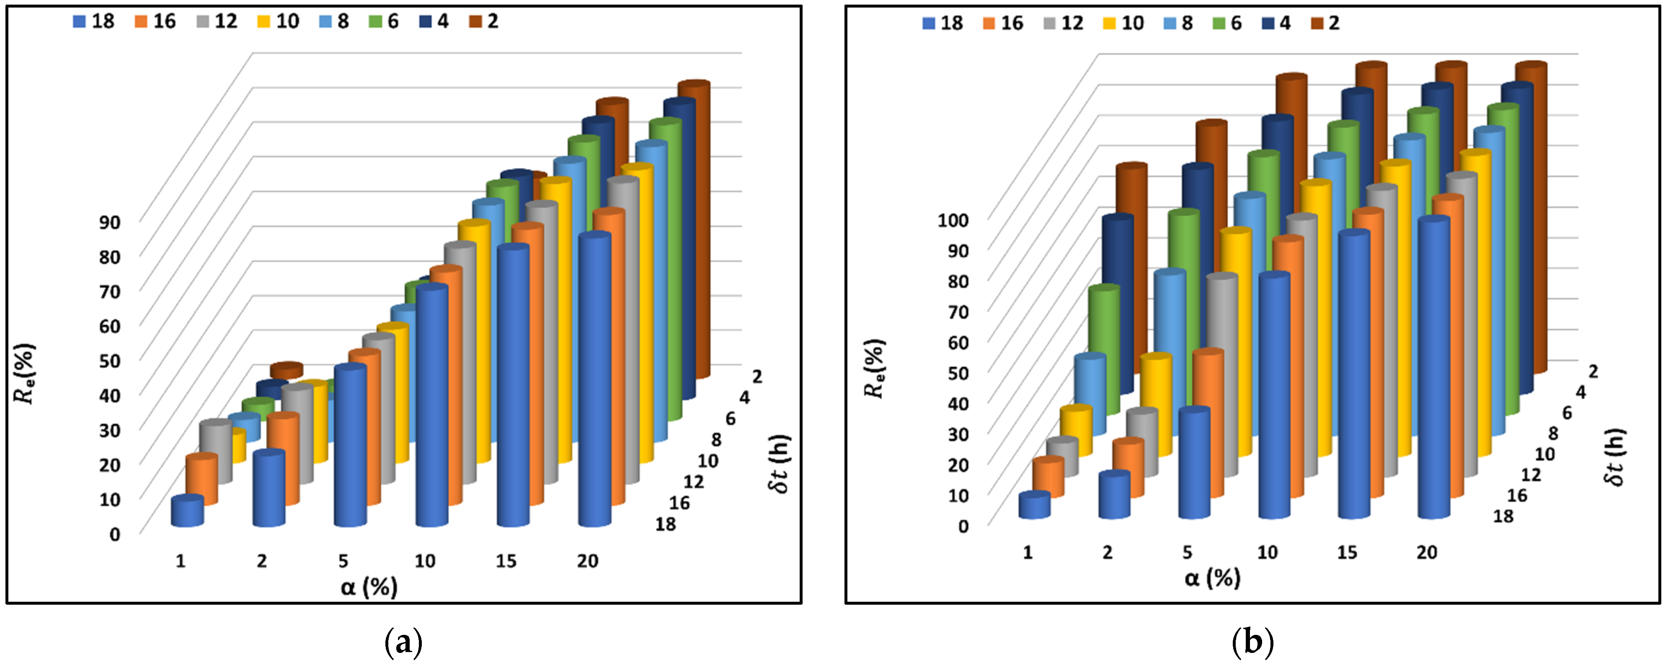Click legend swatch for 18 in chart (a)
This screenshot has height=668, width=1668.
tap(80, 21)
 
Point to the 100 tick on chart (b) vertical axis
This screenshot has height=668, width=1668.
tap(953, 220)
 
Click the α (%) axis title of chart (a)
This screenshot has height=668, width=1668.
tap(369, 587)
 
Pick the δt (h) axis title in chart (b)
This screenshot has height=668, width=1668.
tap(1614, 457)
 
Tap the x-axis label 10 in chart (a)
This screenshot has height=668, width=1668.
tap(425, 561)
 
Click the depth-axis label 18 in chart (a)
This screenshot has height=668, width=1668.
tap(665, 524)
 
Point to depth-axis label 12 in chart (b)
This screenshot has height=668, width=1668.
tap(1531, 475)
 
